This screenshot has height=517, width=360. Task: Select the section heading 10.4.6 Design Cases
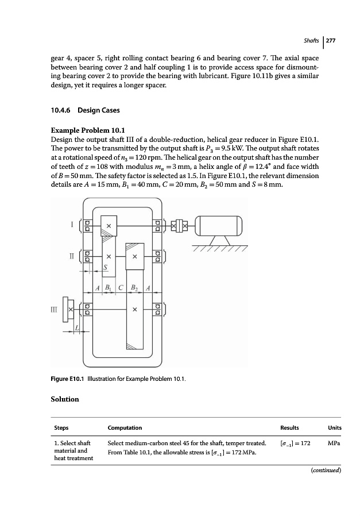coord(83,110)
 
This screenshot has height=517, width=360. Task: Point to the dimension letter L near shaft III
coord(78,327)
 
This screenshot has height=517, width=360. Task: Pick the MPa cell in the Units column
coord(334,443)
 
